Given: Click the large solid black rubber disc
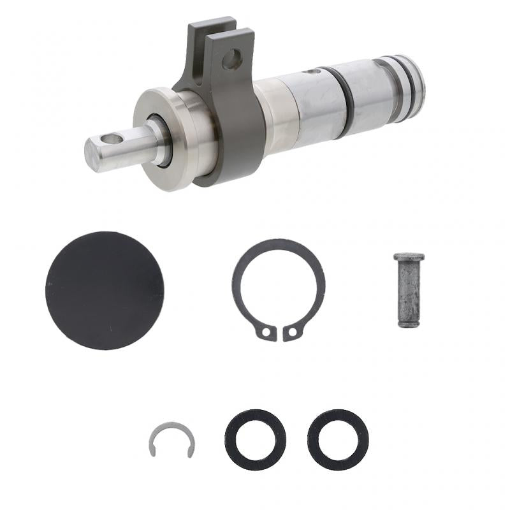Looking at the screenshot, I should pos(105,290).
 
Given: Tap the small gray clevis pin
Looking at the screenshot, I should pos(408,290).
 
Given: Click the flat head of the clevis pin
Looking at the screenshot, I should pos(409,257).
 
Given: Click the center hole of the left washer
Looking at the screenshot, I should pos(255,440).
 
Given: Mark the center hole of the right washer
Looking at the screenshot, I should pos(338,440).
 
